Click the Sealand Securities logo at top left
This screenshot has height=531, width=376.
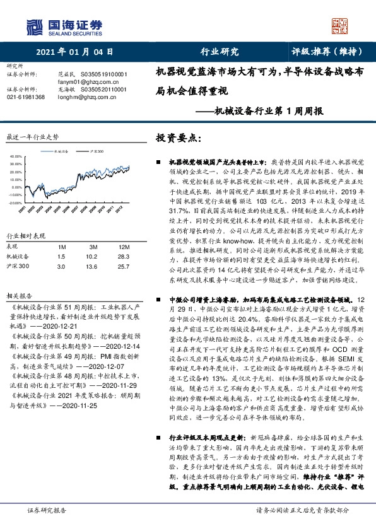pyautogui.click(x=63, y=26)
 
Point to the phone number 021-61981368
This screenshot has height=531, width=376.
pyautogui.click(x=26, y=97)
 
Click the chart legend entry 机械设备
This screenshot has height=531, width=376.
pyautogui.click(x=62, y=151)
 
